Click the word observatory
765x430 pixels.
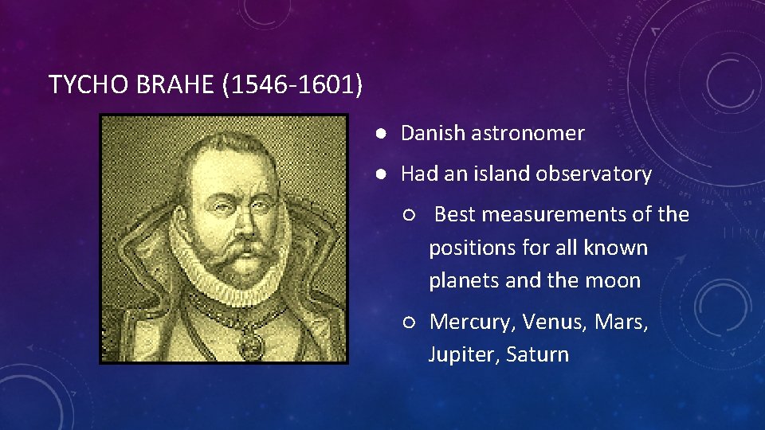[598, 174]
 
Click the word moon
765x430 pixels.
[614, 280]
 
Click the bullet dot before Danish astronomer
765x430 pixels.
[383, 134]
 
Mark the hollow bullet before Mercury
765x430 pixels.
[409, 322]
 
